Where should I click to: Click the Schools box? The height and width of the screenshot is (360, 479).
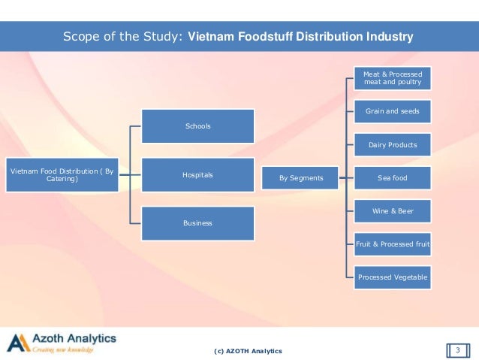(x=198, y=126)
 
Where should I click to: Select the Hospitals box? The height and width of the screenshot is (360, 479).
(x=198, y=175)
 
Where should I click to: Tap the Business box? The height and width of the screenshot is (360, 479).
(x=198, y=223)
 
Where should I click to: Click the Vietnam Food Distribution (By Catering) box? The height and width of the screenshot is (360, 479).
(x=62, y=175)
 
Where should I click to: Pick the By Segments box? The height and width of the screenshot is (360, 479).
(x=300, y=178)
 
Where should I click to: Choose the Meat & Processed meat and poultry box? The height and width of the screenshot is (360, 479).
(x=393, y=78)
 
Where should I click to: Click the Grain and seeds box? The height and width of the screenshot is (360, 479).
(x=393, y=111)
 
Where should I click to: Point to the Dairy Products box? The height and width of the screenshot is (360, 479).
(x=393, y=144)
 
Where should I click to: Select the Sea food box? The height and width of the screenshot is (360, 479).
(x=393, y=178)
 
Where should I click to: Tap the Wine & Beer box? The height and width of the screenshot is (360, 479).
(x=393, y=211)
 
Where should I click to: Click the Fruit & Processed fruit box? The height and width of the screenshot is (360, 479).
(x=393, y=244)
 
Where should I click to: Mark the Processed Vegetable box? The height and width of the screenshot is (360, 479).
(x=393, y=277)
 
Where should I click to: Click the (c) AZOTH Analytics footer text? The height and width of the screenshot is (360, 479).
(x=248, y=351)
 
